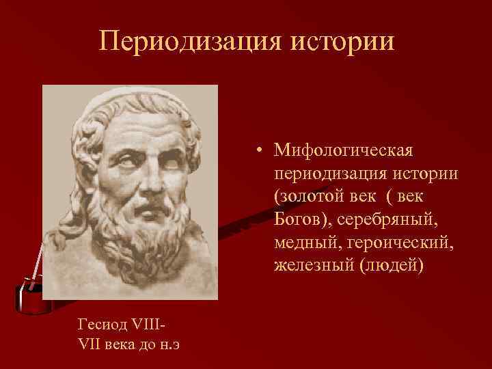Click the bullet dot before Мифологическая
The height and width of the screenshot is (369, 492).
pos(260,149)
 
